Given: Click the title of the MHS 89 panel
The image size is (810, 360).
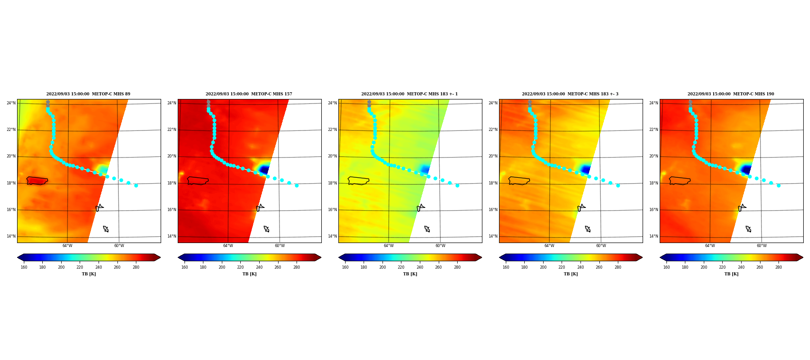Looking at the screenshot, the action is click(x=88, y=94).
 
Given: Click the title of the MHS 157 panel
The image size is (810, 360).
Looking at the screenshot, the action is click(x=249, y=94).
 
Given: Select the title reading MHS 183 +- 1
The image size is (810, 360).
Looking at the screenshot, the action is click(x=409, y=94).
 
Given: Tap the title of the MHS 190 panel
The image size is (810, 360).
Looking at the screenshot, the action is click(x=731, y=94).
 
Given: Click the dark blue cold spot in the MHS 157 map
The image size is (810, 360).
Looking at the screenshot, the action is click(x=264, y=170).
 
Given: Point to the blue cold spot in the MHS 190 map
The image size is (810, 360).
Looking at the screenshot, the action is click(x=746, y=170).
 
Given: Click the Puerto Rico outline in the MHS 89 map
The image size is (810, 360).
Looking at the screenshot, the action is click(x=37, y=180).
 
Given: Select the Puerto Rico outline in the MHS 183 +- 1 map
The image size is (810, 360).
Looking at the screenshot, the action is click(x=358, y=180).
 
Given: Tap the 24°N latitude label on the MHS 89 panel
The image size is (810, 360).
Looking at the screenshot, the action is click(x=11, y=103).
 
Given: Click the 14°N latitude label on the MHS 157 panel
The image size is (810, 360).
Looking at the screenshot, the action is click(x=171, y=236).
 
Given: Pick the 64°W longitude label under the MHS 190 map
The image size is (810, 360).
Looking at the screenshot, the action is click(x=710, y=246).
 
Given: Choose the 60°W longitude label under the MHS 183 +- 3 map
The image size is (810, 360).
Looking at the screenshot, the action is click(x=601, y=246).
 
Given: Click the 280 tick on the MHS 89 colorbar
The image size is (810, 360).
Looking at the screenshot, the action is click(x=136, y=267).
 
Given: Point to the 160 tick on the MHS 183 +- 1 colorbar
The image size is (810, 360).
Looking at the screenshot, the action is click(x=345, y=267).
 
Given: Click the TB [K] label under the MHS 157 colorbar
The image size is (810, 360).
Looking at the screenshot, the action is click(x=249, y=274).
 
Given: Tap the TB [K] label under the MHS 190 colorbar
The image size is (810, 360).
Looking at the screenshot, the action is click(x=731, y=274).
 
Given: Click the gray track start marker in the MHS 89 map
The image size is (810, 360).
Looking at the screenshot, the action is click(x=48, y=104).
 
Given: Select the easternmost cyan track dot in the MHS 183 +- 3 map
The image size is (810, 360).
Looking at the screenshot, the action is click(x=618, y=185).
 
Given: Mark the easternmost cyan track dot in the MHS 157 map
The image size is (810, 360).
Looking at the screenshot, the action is click(x=297, y=185).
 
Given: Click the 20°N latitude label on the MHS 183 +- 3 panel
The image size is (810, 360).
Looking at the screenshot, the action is click(x=493, y=156).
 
